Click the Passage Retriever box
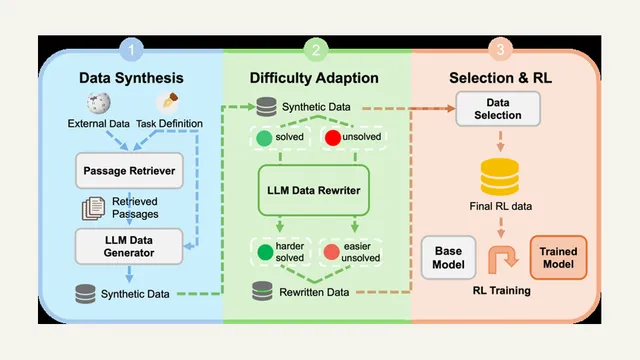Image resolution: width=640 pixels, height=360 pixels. point(129,171)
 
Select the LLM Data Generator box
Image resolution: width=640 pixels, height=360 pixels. point(129,246)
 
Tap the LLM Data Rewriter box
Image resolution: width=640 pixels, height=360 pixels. point(313,190)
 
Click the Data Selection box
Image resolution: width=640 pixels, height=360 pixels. point(498,109)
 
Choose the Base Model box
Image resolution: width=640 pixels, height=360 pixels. point(449,258)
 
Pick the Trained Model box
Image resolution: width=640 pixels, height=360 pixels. point(558,258)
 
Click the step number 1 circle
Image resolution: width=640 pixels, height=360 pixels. point(131,50)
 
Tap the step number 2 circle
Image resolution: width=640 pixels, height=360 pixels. point(316,50)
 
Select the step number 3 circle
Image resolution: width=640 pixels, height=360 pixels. point(500,50)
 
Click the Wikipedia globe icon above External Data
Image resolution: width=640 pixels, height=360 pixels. point(98,103)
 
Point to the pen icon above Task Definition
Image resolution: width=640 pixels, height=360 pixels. point(168,102)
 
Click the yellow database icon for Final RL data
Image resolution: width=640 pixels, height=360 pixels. point(500,177)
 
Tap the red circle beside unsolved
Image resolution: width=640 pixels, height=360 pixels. point(333,138)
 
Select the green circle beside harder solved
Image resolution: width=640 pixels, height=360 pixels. point(265,252)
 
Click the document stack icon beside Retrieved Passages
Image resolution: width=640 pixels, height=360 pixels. point(93,208)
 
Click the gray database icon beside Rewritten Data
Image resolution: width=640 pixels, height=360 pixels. point(262,291)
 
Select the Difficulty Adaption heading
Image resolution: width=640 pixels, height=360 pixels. point(314,78)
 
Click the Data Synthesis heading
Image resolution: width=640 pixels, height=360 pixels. point(131,78)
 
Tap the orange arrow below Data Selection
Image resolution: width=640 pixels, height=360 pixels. point(500,141)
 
